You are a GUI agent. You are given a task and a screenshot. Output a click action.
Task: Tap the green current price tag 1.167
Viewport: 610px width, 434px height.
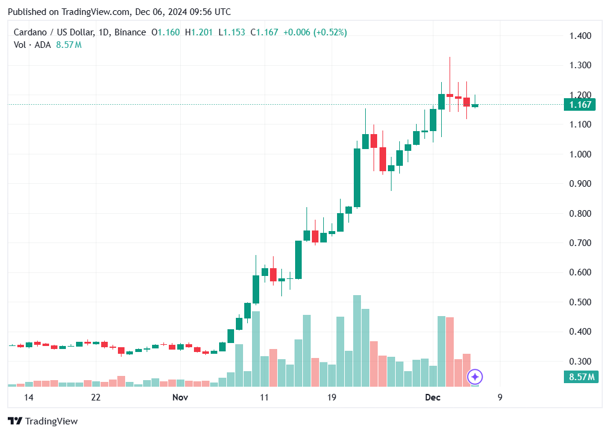click(579, 105)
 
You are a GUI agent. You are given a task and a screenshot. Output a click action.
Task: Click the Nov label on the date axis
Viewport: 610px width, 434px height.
click(180, 397)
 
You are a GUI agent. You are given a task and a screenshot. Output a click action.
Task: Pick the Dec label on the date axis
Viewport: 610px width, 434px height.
click(432, 397)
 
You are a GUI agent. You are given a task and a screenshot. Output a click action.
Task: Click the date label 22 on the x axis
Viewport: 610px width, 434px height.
click(95, 397)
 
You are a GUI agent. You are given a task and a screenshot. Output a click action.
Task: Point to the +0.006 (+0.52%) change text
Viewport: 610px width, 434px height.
click(314, 32)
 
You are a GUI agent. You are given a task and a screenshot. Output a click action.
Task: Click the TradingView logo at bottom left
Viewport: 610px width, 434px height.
click(43, 421)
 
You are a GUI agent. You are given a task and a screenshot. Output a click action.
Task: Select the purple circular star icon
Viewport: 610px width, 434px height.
click(475, 377)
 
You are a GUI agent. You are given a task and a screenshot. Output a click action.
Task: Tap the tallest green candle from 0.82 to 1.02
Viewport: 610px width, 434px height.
click(357, 178)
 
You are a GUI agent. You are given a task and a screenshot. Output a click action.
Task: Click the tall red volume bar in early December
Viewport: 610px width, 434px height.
click(450, 351)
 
